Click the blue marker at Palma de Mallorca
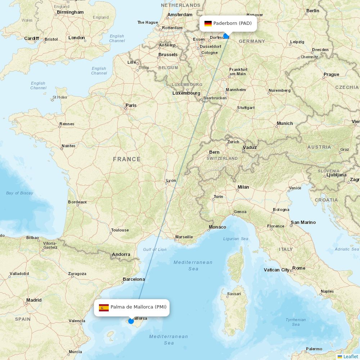[131, 321]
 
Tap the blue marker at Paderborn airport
[226, 36]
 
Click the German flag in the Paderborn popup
[208, 23]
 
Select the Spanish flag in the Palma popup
[104, 307]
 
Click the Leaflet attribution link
[350, 356]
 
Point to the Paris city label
[131, 105]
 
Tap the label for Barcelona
[134, 279]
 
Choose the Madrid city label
[34, 300]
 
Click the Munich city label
[284, 123]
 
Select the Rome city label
[298, 268]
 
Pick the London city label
[76, 37]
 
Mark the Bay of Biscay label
[19, 193]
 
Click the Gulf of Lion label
[155, 249]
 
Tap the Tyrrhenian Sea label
[296, 322]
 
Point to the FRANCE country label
[127, 159]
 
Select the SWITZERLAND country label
[222, 158]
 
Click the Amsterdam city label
[180, 15]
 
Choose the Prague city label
[331, 75]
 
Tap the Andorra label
[121, 254]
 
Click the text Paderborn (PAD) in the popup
[232, 23]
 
